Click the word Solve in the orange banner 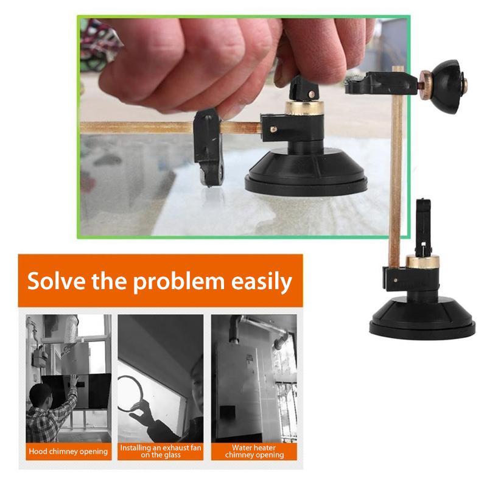pyautogui.click(x=56, y=281)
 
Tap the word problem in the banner pyautogui.click(x=178, y=282)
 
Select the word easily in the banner pyautogui.click(x=262, y=282)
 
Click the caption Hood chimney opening pyautogui.click(x=68, y=451)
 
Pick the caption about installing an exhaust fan pyautogui.click(x=161, y=451)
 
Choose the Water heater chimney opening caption pyautogui.click(x=254, y=451)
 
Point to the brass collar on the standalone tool pyautogui.click(x=422, y=262)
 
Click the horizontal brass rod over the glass pyautogui.click(x=170, y=128)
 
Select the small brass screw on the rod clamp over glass pyautogui.click(x=273, y=129)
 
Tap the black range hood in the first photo pyautogui.click(x=77, y=390)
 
